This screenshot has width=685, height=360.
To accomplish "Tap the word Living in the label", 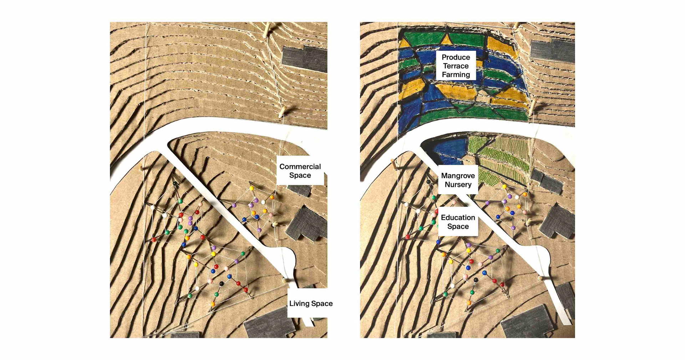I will pos(299,304).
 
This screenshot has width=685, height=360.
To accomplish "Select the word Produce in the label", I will pos(456,57).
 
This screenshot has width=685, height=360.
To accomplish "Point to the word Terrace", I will pos(456,66).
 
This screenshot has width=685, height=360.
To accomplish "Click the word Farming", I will pos(456,75).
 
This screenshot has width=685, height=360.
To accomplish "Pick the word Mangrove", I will pos(458,176).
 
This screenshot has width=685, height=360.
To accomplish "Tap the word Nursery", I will pos(458,185).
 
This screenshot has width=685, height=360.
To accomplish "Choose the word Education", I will pos(458,218).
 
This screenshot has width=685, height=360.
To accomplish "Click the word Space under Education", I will pos(458,227).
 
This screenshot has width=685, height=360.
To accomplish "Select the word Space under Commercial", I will pos(300,176).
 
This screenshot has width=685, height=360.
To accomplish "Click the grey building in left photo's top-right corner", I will pos(305,59).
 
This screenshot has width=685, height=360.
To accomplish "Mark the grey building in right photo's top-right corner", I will pos(552,50).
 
